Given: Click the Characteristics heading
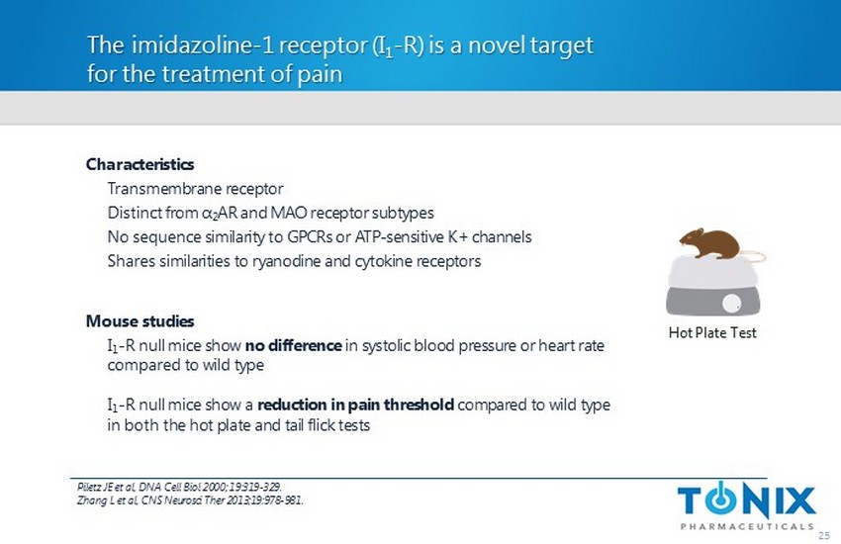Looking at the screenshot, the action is point(140,164).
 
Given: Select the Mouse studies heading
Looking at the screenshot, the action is point(140,321).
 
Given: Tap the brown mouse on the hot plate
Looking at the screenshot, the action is point(709,244).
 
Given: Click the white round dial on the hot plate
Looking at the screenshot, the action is point(731,304).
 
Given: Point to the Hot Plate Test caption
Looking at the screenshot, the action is point(712,333).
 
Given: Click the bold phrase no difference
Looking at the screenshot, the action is point(294,346).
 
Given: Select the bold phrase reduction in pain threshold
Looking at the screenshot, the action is point(355,405).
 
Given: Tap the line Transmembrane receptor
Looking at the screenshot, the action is point(195,189).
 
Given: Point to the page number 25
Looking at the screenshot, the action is point(824,535).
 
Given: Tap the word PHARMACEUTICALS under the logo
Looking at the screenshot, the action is point(747,526).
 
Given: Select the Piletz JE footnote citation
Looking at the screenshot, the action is point(179,488).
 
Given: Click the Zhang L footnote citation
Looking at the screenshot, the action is point(190,500).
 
